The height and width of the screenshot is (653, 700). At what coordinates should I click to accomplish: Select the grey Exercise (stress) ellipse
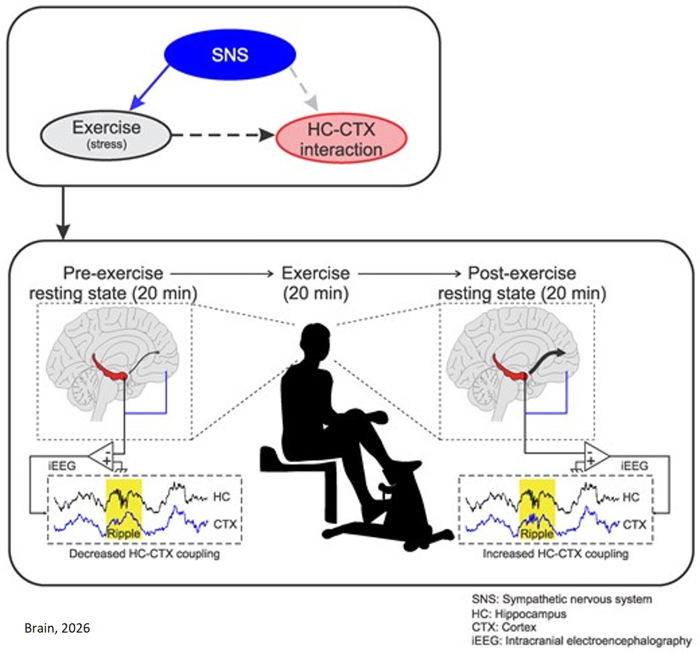[106, 134]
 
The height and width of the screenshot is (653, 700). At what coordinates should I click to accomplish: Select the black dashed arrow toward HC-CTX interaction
[220, 134]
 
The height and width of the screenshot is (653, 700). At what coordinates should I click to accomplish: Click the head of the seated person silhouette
[316, 340]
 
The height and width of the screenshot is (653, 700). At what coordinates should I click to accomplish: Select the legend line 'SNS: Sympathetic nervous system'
[559, 600]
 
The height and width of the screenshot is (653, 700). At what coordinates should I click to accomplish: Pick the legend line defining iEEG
[581, 641]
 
